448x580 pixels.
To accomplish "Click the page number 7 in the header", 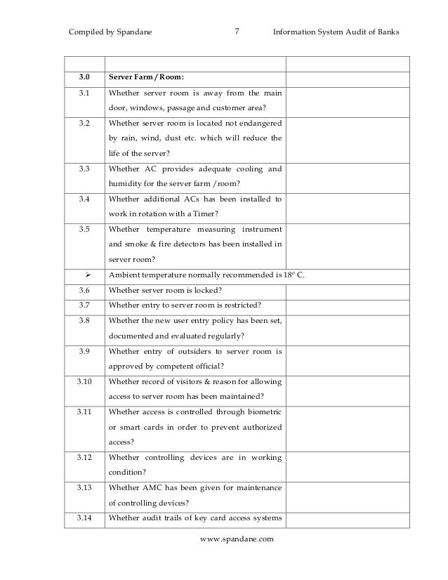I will tap(237, 31).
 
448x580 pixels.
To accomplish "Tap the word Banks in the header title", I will tap(386, 32).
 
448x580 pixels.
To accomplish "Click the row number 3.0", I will tap(84, 77).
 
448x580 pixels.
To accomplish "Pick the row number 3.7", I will tap(84, 304).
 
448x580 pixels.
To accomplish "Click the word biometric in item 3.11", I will tap(258, 413).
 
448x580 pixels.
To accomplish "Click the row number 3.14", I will tap(84, 519).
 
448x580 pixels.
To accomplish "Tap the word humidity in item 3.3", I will tap(129, 183).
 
